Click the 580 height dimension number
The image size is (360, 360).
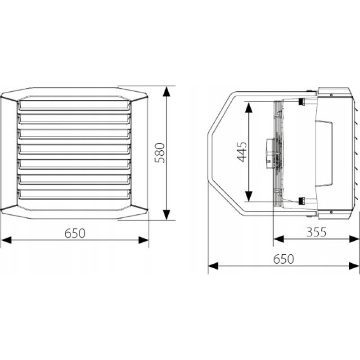point(160,153)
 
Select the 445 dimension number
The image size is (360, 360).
point(242,152)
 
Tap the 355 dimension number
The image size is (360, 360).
point(316,232)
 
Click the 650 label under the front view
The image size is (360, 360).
point(75,233)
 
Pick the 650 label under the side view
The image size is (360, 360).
point(283,259)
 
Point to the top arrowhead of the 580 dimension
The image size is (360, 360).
point(166,91)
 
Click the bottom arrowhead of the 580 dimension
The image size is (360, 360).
point(166,215)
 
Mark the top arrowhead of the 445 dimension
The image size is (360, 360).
point(249,107)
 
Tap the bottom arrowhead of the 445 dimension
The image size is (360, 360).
point(249,196)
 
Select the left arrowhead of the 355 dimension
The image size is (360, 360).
point(279,239)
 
